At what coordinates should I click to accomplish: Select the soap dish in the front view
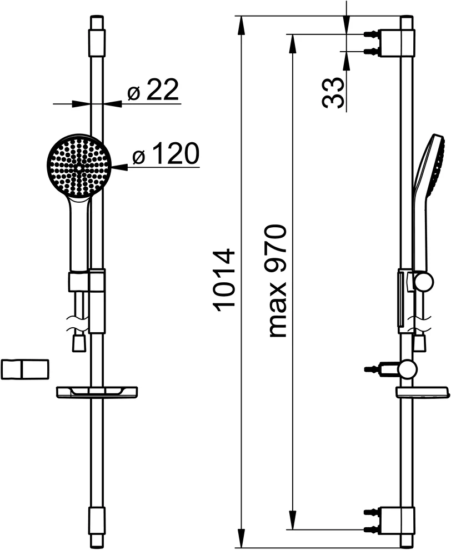[x=97, y=392]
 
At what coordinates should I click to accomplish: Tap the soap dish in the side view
[x=422, y=392]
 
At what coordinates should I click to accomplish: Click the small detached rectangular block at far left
[x=25, y=369]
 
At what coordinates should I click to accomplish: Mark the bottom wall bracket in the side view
[x=397, y=519]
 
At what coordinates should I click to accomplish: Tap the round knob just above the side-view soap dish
[x=409, y=368]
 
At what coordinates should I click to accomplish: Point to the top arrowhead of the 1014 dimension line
[x=240, y=23]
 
